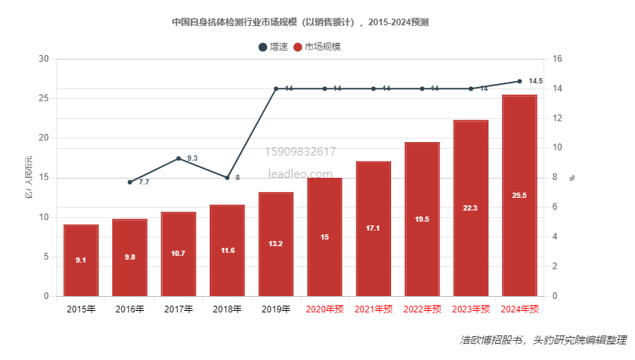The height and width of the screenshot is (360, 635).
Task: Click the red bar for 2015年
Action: pos(81,260)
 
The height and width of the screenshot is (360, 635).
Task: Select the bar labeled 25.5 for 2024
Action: pos(520,196)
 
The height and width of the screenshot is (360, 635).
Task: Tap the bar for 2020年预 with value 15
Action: pos(325,237)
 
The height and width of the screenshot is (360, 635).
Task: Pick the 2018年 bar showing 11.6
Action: pos(228,251)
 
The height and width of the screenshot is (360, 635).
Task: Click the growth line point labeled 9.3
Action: pos(179,158)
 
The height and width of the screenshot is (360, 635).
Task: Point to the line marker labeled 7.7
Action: pos(130,182)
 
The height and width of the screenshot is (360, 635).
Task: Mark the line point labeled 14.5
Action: pos(520,81)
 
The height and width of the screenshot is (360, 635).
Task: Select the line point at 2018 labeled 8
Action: pos(228,178)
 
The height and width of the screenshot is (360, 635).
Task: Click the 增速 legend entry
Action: pos(274,47)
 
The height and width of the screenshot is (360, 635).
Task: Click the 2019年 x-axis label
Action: pos(276,309)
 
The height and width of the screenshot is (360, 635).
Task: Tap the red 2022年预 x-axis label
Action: pos(422,309)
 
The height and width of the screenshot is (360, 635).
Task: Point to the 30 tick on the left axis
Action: pos(43,60)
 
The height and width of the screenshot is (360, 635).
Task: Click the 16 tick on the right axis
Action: pos(558,60)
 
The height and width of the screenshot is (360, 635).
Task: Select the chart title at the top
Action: pos(300,22)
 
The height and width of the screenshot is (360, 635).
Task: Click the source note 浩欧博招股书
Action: pos(490,340)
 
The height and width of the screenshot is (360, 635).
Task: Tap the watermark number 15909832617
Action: pos(300,152)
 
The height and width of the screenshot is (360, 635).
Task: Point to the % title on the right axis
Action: pos(573,178)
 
